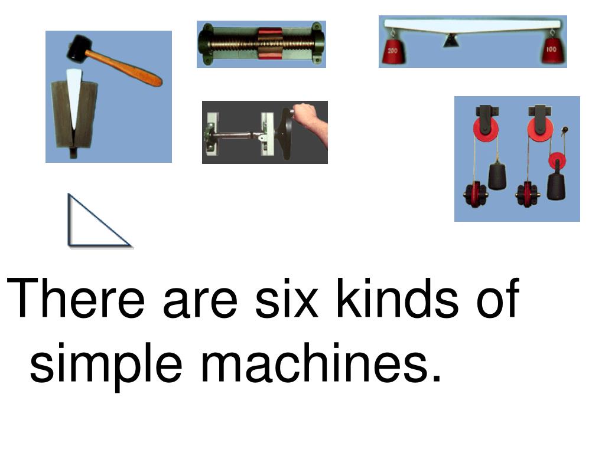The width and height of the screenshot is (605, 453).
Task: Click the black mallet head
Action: (78, 49)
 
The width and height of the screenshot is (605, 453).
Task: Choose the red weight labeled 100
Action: (553, 52)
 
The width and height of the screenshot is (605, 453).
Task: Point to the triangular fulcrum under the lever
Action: (450, 41)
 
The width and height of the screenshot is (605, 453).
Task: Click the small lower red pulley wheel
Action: (557, 160)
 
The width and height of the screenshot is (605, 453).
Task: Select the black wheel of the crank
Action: (287, 133)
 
